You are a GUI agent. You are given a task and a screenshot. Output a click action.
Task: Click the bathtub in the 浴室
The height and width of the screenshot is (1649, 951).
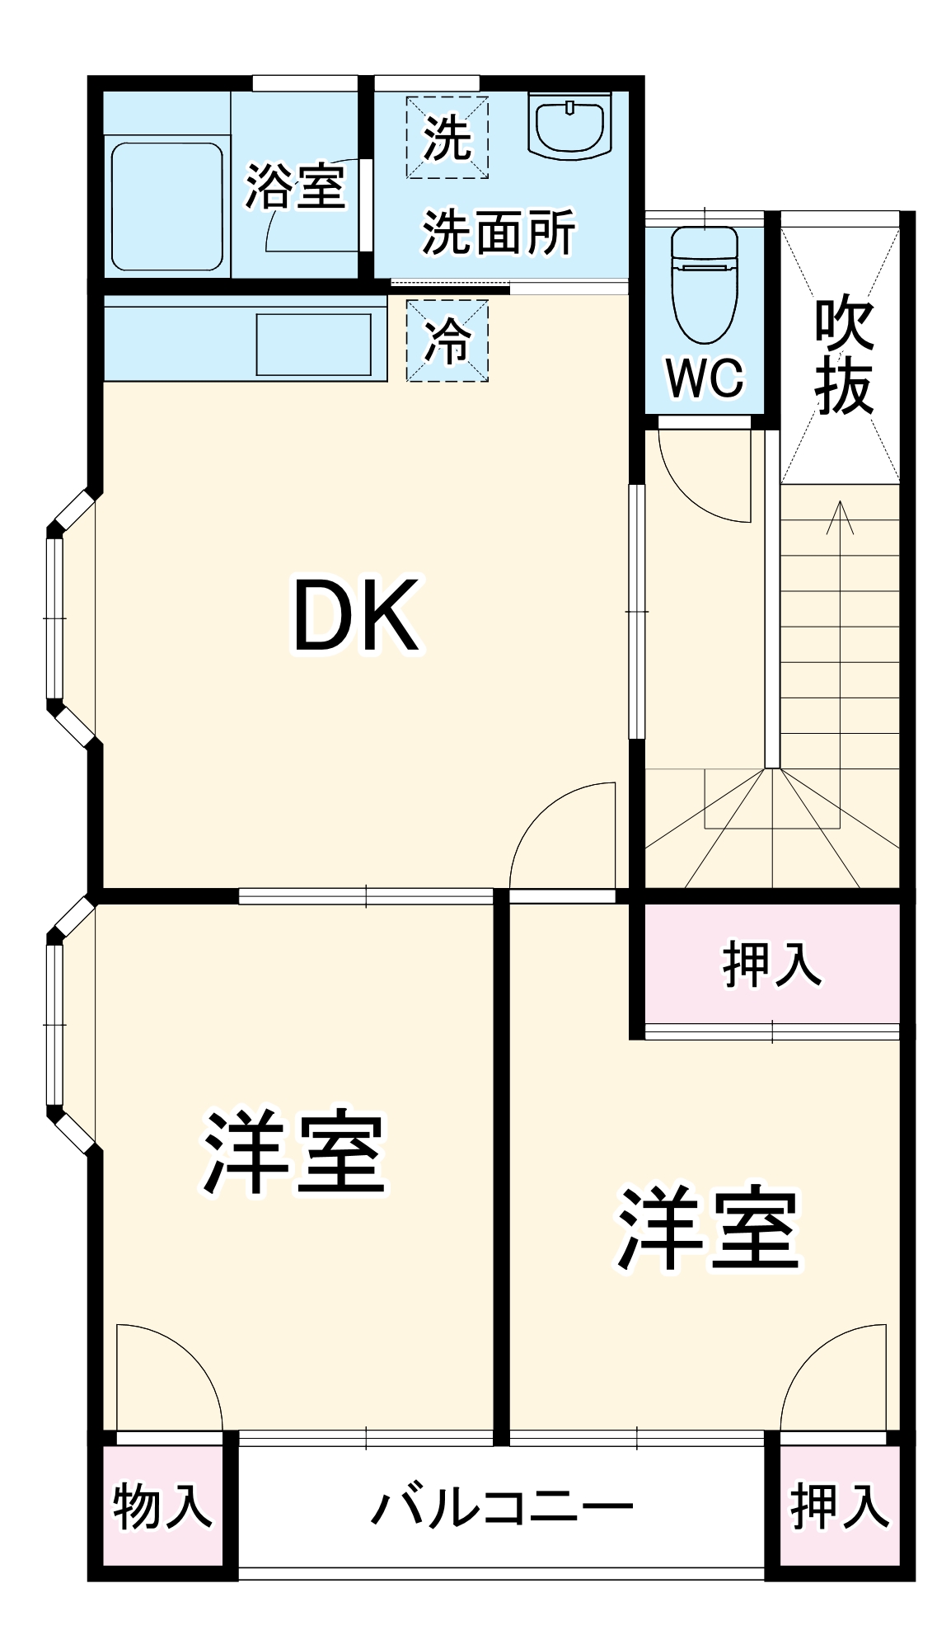coord(167,207)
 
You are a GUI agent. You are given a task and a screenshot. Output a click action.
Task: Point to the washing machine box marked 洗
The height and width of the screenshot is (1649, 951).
coord(447,138)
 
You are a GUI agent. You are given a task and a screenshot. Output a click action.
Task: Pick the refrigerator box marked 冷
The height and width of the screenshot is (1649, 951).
coord(447,340)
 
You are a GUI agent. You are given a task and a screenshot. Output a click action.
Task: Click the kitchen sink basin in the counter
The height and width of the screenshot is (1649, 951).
coord(313,344)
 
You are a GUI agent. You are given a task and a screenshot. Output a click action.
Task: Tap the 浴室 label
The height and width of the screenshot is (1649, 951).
coord(295,186)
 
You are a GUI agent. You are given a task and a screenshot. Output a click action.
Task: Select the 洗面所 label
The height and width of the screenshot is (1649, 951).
coord(499,233)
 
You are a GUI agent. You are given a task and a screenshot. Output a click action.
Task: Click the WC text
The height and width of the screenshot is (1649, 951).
coord(705,378)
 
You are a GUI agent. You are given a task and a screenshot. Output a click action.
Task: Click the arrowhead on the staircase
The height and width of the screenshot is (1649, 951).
coord(840,515)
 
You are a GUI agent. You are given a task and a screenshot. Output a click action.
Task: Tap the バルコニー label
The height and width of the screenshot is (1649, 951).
coord(502,1506)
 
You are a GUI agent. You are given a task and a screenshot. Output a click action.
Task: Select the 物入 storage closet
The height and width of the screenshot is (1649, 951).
coord(163,1506)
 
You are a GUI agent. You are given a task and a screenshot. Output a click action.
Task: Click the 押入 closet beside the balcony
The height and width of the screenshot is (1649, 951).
coord(840,1506)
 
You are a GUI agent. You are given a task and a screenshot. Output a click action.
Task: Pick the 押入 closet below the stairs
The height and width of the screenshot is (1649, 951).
coord(771,964)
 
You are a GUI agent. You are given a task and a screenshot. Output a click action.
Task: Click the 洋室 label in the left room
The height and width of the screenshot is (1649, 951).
coord(294,1153)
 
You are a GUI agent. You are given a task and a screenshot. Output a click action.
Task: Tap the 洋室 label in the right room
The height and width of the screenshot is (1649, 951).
coord(709,1229)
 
